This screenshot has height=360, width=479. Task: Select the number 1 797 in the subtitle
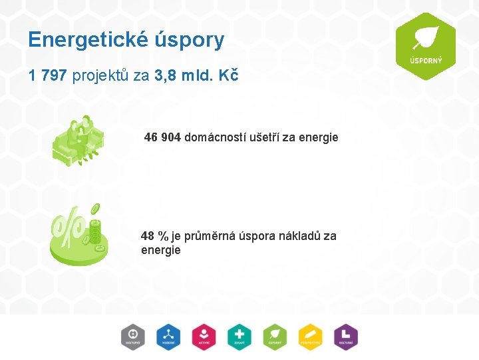tap(48, 75)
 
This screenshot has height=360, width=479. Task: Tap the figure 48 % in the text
tap(154, 235)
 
